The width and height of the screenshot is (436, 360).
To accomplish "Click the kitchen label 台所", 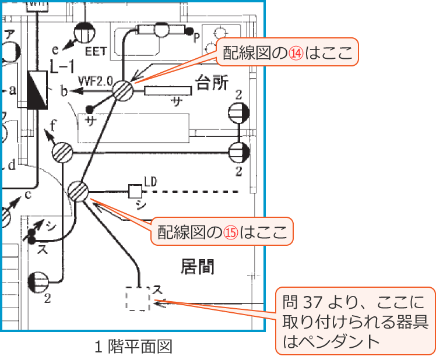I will pyautogui.click(x=212, y=82).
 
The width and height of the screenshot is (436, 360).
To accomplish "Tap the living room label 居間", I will pyautogui.click(x=197, y=267).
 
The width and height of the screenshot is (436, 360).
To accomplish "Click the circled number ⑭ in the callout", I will pyautogui.click(x=297, y=53).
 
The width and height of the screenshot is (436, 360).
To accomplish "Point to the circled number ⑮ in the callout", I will pyautogui.click(x=231, y=232).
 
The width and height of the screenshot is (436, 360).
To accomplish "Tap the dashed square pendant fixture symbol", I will pyautogui.click(x=138, y=299).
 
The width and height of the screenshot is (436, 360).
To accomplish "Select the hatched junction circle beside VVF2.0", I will pyautogui.click(x=123, y=91).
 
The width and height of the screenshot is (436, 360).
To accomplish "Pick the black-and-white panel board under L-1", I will pyautogui.click(x=38, y=90).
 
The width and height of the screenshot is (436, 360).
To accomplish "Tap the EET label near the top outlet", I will pyautogui.click(x=96, y=51).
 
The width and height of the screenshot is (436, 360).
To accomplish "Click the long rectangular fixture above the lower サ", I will pyautogui.click(x=168, y=91).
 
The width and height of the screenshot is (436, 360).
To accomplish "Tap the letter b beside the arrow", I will pyautogui.click(x=64, y=90).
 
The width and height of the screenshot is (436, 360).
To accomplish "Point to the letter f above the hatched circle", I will pyautogui.click(x=54, y=125).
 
